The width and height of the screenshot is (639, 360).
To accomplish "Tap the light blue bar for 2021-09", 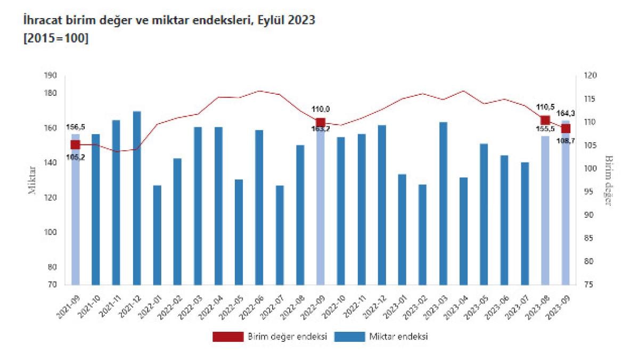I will pyautogui.click(x=76, y=213).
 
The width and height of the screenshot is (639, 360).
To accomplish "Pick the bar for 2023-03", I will pyautogui.click(x=443, y=203).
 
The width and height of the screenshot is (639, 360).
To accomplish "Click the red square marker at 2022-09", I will pyautogui.click(x=321, y=122).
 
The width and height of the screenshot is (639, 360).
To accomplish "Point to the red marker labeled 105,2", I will pyautogui.click(x=76, y=145).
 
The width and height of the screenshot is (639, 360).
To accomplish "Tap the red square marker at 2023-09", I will pyautogui.click(x=566, y=128).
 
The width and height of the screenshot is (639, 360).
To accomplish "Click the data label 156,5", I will pyautogui.click(x=76, y=128).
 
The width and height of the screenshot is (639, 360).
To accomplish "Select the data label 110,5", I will pyautogui.click(x=545, y=107).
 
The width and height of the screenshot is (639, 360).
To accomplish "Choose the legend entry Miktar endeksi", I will pyautogui.click(x=399, y=337).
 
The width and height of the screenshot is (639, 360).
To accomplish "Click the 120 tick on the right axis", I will pyautogui.click(x=589, y=76).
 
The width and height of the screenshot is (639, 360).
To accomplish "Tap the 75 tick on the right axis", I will pyautogui.click(x=588, y=285).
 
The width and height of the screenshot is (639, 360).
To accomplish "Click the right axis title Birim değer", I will pyautogui.click(x=609, y=181).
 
